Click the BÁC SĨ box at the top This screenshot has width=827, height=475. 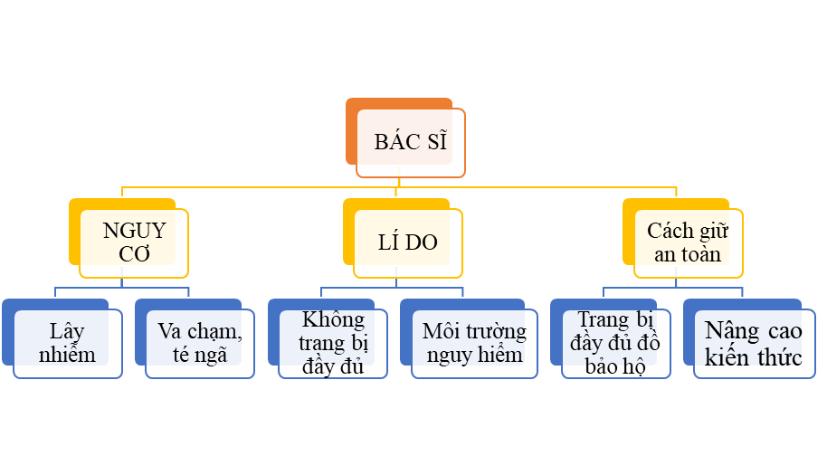[411, 143]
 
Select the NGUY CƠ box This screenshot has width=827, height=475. [134, 242]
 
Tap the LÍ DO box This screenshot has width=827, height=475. [408, 242]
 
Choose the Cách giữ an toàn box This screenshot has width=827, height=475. [688, 242]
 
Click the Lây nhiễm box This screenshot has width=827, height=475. [67, 342]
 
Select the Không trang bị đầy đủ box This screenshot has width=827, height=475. [333, 343]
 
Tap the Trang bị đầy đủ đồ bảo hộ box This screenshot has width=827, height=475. [615, 343]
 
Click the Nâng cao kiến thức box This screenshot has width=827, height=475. [754, 343]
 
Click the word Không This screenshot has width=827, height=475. [333, 319]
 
